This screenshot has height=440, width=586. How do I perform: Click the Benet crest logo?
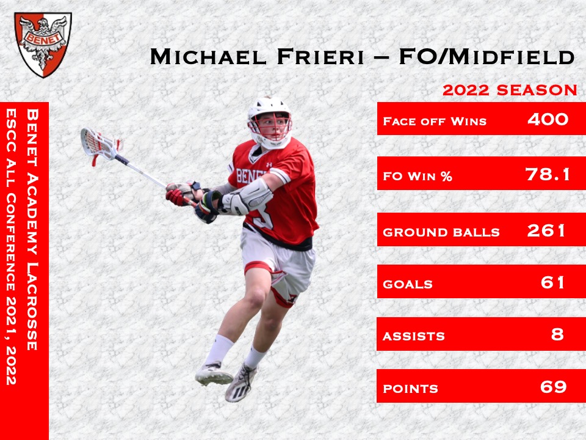coord(43,44)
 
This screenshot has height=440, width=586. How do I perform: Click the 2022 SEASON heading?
coord(510,90)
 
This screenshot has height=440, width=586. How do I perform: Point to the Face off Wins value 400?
coord(548,119)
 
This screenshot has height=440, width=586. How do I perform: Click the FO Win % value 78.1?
coord(548,175)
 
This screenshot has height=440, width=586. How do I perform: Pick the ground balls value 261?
coord(547,230)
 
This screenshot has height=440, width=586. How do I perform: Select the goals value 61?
coord(553,282)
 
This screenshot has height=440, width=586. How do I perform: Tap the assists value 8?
coord(557,334)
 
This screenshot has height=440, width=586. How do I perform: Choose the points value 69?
coord(553,386)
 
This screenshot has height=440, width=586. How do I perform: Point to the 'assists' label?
coord(413,336)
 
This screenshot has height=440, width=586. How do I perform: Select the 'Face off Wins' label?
coord(434,121)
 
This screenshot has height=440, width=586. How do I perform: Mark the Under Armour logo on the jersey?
coord(269,164)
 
